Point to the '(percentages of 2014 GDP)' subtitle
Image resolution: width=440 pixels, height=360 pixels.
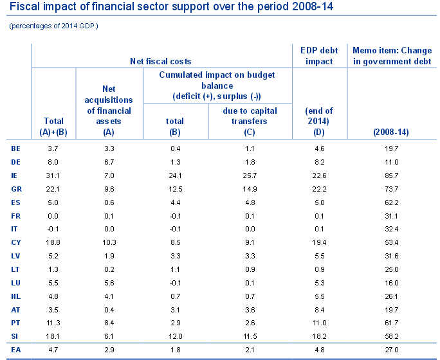(54, 26)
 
